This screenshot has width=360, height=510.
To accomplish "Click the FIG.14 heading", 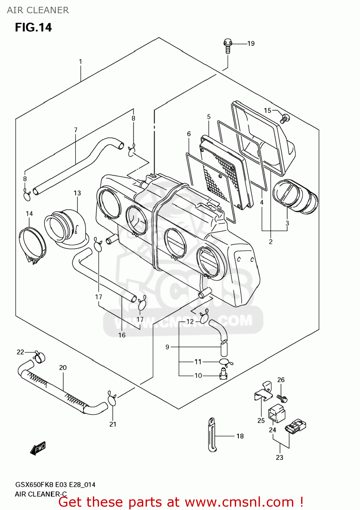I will [33, 27].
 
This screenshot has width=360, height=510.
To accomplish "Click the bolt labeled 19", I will [228, 46].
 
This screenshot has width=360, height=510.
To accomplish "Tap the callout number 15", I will [267, 111].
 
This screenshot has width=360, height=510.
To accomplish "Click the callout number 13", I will [77, 193].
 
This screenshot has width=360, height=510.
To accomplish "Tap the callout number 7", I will [76, 130].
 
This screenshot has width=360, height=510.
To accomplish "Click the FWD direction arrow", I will [38, 448].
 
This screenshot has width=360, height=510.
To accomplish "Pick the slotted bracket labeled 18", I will [212, 435].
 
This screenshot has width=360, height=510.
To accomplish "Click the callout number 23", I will [279, 458].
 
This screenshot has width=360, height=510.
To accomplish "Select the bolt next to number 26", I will [282, 398].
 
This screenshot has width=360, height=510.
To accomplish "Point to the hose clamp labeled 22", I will [39, 356].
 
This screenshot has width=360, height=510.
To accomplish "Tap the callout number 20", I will [63, 368].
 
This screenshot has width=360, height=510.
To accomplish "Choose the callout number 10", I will [198, 375].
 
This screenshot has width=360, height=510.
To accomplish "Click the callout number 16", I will [122, 335].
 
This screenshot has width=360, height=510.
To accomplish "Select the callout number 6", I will [189, 134].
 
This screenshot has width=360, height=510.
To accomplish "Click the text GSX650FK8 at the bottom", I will [34, 485].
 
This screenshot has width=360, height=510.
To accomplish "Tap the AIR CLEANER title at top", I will [38, 10].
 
